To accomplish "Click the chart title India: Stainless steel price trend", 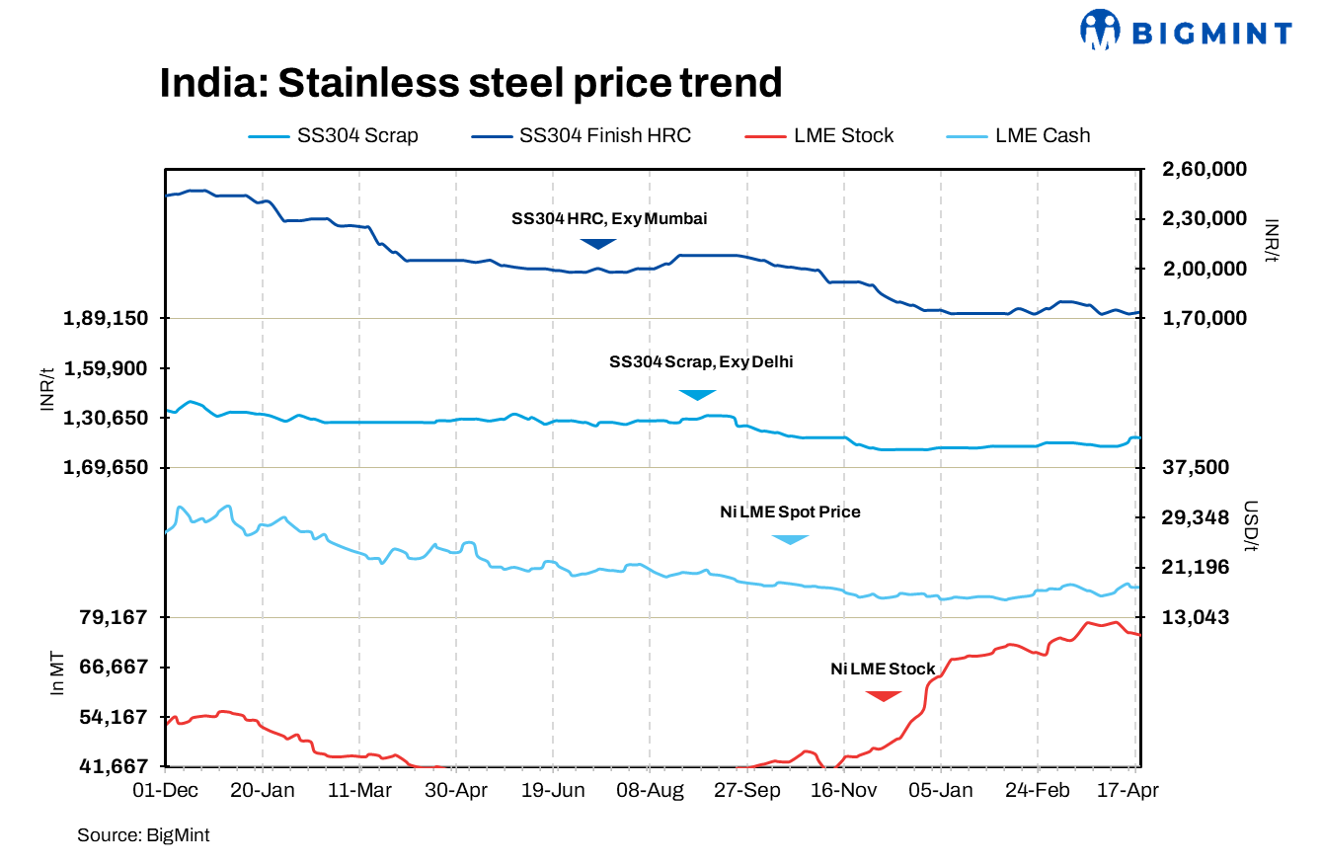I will click(x=470, y=83).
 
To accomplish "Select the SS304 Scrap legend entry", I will click(x=334, y=136).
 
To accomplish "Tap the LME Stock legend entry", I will click(x=818, y=136).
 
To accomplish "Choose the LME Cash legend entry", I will click(x=1019, y=136).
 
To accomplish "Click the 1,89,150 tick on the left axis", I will click(x=106, y=319).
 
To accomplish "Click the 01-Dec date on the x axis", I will click(x=166, y=791).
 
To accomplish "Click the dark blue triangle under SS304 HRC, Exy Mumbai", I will click(x=597, y=243).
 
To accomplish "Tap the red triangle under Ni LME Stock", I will click(x=883, y=696).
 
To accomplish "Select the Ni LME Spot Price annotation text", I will click(x=790, y=512).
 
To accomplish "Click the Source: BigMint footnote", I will click(x=143, y=835).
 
